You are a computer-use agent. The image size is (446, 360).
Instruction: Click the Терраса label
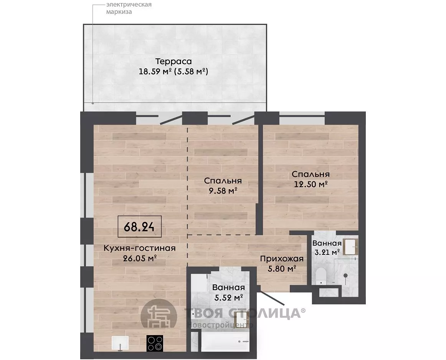click(x=173, y=62)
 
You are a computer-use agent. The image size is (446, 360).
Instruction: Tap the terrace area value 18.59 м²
click(x=155, y=71)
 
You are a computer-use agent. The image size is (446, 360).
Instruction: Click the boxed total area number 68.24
click(x=139, y=227)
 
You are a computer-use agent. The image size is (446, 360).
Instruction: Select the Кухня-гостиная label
click(x=139, y=248)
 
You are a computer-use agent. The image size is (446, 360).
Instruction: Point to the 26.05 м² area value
click(x=140, y=258)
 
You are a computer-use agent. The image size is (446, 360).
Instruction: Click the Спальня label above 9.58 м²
click(x=223, y=181)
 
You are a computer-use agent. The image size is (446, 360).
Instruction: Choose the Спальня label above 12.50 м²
click(x=311, y=174)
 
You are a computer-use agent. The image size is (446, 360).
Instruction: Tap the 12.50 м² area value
click(x=311, y=184)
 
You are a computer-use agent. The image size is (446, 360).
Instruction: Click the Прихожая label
click(x=282, y=259)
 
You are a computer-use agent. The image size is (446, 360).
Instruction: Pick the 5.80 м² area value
click(x=282, y=269)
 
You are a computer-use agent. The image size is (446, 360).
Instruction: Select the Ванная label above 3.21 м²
click(x=327, y=243)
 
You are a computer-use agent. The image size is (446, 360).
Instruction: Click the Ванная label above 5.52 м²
click(x=228, y=287)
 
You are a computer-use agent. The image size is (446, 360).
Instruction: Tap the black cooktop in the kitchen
click(x=155, y=343)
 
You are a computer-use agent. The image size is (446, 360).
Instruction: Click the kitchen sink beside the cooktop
click(x=120, y=343)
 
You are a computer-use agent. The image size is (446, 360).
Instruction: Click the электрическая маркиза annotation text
click(x=129, y=8)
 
